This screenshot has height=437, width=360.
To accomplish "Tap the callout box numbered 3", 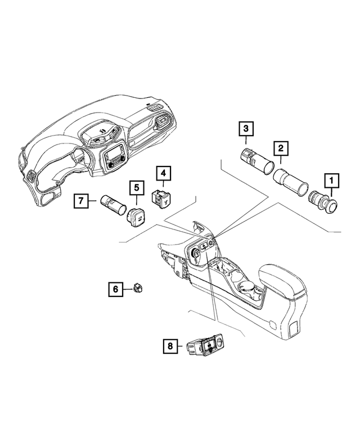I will coord(245,129).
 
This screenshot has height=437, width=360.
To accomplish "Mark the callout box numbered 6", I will coord(115,290).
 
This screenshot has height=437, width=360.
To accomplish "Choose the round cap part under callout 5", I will coord(136,216).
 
